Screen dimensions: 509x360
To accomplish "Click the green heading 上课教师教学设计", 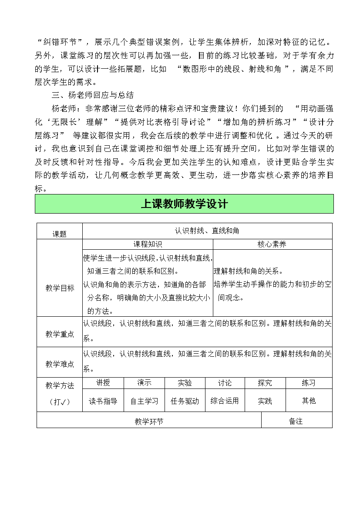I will tap(184, 204).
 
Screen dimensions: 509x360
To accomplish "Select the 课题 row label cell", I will tap(60, 234).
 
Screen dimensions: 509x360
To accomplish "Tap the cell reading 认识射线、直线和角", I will tap(207, 231).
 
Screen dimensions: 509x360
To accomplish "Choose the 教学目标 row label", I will tap(60, 288).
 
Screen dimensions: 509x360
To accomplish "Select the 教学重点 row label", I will tap(60, 334).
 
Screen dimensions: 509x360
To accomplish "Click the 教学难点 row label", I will tap(60, 364).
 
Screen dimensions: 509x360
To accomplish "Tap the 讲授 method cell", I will tap(103, 383).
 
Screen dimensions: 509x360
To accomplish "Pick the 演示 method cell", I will tap(144, 383).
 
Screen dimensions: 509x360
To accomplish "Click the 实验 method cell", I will tap(185, 383).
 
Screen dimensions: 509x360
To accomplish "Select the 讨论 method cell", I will tap(225, 383).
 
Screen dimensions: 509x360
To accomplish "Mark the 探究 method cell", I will tap(265, 383).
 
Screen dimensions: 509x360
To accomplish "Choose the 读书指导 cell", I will tap(103, 401).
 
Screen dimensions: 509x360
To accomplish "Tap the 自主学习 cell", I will tap(144, 401).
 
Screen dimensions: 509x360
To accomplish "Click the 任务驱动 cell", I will tap(185, 401).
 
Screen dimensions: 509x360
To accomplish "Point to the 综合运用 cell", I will tap(225, 401).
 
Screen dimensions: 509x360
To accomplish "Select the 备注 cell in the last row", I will tap(296, 421).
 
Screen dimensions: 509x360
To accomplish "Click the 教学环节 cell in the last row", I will tap(149, 421).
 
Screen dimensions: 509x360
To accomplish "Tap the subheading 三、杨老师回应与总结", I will tap(93, 95).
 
